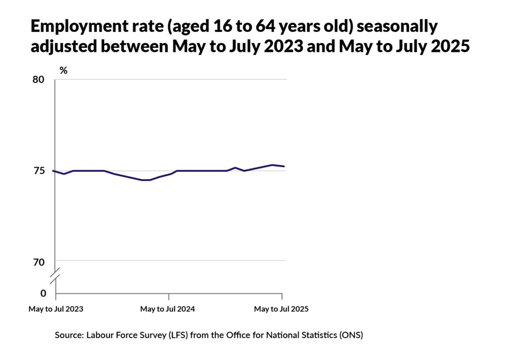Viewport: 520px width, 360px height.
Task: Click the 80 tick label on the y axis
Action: click(39, 80)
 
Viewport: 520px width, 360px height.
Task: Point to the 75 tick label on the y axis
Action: click(39, 171)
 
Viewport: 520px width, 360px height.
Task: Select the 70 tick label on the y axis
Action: click(39, 262)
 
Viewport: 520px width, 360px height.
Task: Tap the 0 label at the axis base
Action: click(43, 293)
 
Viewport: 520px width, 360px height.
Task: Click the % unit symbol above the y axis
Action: click(63, 71)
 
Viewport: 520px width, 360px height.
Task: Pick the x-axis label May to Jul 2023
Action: click(56, 309)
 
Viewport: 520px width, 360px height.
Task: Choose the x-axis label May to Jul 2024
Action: click(168, 309)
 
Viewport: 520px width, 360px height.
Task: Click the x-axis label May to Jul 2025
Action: click(281, 309)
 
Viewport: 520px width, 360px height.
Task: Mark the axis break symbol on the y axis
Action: click(55, 274)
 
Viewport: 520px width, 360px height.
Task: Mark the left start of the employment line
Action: click(54, 171)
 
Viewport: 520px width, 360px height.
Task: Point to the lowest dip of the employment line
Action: click(146, 180)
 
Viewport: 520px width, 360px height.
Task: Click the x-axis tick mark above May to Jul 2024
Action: click(169, 297)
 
